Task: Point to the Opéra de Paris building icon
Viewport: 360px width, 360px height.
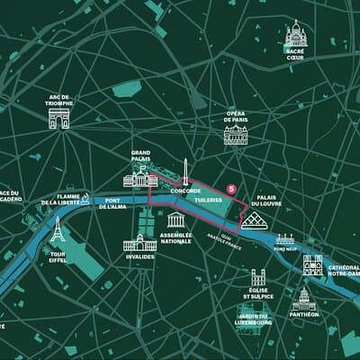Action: point(236,134)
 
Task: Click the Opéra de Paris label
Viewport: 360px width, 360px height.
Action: point(236,116)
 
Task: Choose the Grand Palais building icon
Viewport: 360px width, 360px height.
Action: point(139,176)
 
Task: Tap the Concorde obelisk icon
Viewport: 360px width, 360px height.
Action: point(185,172)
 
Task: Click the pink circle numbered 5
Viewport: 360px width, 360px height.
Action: point(231,189)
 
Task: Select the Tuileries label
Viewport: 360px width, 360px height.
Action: point(208,199)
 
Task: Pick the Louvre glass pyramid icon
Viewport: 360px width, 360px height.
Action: point(252,219)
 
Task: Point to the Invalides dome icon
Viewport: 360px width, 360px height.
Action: point(139,241)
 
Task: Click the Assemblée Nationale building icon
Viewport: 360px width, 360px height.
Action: point(176,220)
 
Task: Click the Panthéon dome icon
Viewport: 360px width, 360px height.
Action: point(303,298)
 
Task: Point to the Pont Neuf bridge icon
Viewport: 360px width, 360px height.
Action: point(285,239)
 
